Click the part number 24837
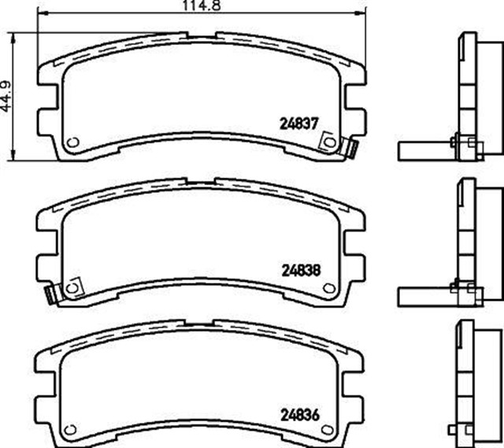pos(298,123)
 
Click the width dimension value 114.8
pos(201,6)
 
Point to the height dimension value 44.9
pos(7,94)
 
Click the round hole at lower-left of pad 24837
pos(72,143)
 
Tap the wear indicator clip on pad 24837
pos(351,146)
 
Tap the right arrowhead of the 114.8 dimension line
pos(364,14)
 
